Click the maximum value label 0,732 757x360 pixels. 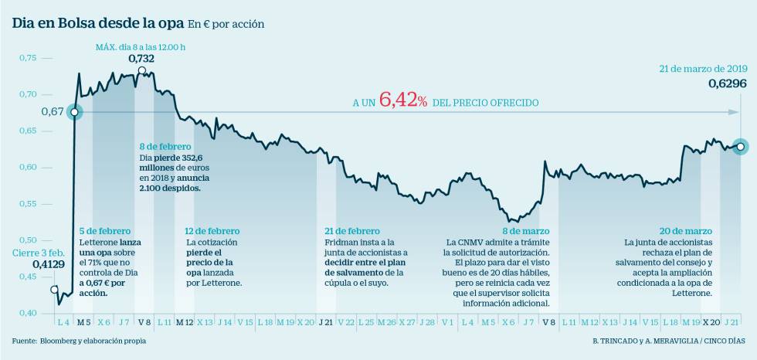point(141,59)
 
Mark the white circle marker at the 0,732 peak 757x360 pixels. point(141,71)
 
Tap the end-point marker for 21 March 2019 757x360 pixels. point(740,146)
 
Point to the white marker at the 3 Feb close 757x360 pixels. point(54,290)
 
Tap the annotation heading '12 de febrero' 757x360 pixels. point(212,231)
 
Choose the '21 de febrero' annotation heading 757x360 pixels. point(352,231)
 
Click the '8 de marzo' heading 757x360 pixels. point(528,231)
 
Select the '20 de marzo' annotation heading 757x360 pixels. point(686,231)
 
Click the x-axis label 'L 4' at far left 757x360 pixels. point(63,321)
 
